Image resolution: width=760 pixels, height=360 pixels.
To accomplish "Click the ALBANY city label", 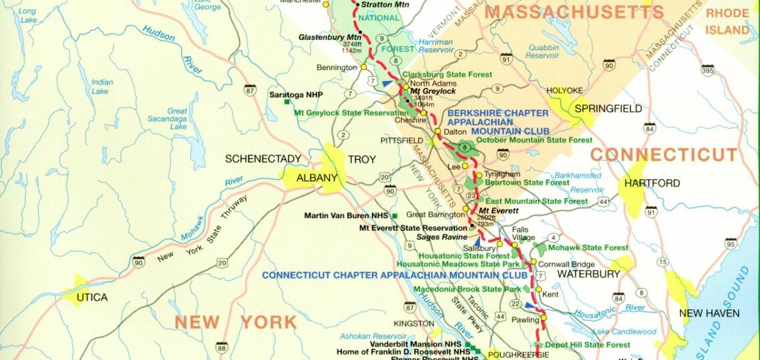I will [317, 178].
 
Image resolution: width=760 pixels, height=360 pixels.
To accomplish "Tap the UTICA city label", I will [91, 297].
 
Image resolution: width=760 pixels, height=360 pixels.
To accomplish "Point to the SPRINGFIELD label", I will [608, 109].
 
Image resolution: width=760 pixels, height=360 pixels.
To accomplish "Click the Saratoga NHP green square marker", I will [286, 102].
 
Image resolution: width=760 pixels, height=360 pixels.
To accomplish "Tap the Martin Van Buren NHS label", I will [347, 215].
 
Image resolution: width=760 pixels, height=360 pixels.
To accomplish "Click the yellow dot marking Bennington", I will [363, 67].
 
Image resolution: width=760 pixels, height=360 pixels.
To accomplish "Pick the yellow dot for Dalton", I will [438, 131].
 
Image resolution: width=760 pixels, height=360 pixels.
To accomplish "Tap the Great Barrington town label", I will [435, 215].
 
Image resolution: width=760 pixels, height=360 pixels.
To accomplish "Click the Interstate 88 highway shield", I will [222, 346].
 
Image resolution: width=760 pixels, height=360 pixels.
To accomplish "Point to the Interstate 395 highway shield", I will [707, 70].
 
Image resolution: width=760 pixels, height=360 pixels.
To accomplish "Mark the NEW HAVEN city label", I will [709, 313].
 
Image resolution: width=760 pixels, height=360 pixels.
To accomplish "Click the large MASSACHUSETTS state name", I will [574, 12].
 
